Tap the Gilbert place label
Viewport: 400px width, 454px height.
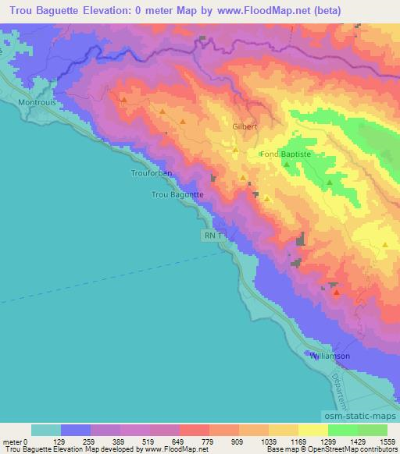coord(245,126)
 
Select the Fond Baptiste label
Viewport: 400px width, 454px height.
coord(285,154)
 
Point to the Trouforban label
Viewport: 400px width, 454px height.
coord(151,173)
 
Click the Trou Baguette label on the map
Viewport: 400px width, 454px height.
coord(177,195)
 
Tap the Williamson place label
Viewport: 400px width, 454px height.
coord(330,356)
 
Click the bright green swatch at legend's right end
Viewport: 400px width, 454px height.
coord(372,430)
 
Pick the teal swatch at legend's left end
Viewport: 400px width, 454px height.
coord(46,430)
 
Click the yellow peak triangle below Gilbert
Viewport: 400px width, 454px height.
coord(235,150)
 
